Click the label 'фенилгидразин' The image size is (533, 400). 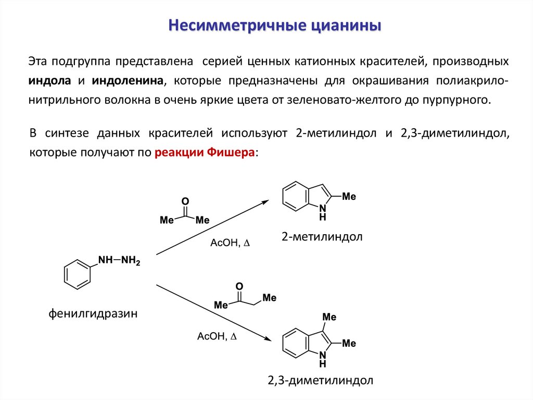coord(93,313)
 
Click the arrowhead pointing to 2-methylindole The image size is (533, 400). coord(266,201)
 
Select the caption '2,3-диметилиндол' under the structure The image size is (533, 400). coord(321,380)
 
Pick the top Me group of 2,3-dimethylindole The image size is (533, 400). coord(329,317)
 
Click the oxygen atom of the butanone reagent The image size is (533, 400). coord(239,286)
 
